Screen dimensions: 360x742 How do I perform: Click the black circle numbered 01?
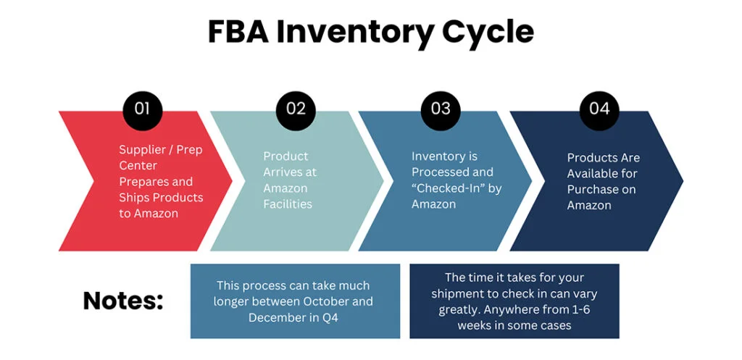[x=143, y=110]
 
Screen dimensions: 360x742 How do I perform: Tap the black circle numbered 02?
[x=296, y=110]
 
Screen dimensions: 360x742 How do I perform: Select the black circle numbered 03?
[x=441, y=110]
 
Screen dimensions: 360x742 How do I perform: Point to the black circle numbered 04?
[x=599, y=110]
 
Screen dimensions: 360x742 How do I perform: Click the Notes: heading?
[x=123, y=301]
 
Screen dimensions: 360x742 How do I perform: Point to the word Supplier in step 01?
[x=142, y=150]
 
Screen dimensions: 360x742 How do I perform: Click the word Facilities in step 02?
[x=288, y=204]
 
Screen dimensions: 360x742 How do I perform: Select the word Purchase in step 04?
[x=592, y=190]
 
